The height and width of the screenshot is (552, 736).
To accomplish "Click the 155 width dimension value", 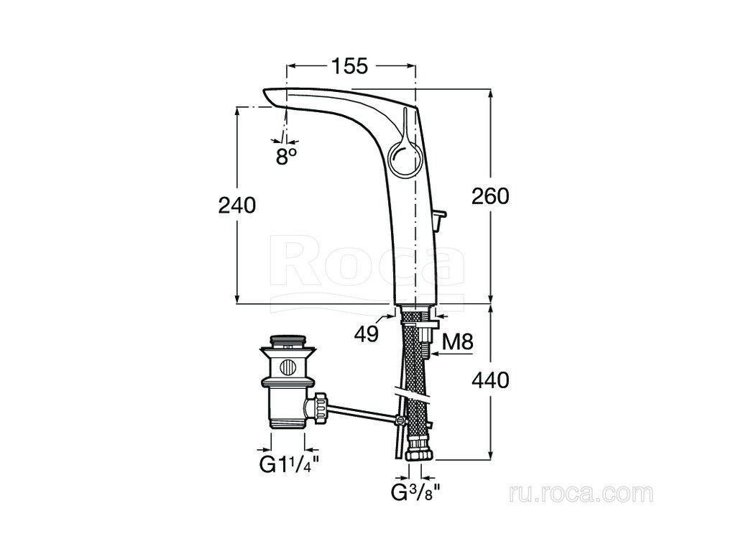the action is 350,66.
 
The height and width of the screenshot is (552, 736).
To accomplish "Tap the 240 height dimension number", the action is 237,205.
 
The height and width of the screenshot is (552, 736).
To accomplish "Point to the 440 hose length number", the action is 490,379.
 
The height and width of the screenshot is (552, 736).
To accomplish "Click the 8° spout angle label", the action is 287,157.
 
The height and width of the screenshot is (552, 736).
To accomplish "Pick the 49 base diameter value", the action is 366,333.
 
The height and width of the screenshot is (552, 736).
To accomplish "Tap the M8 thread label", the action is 458,341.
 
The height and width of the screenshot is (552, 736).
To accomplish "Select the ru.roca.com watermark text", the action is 581,494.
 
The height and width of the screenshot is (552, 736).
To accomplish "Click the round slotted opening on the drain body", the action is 287,367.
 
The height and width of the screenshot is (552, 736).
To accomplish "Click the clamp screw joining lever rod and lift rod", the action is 400,420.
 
